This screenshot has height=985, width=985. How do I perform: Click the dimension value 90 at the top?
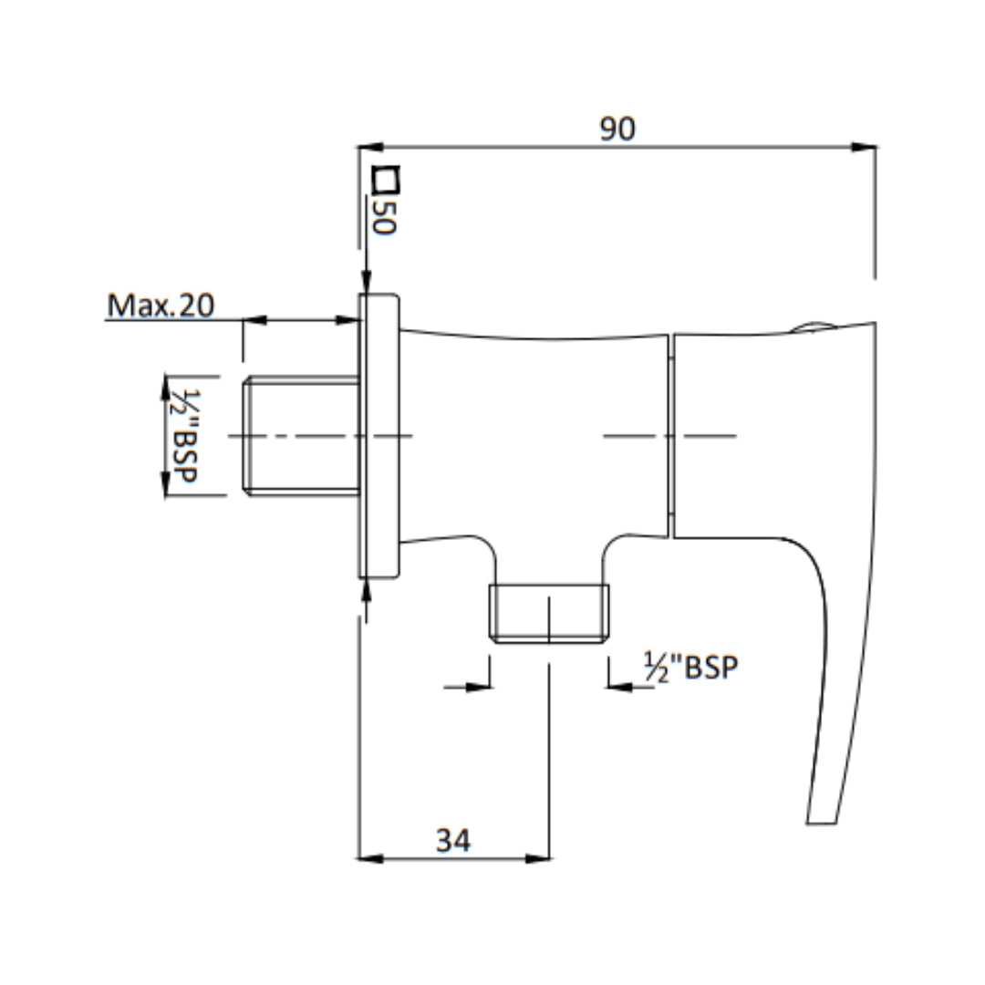click(617, 130)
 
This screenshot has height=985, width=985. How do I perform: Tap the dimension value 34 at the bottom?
click(453, 840)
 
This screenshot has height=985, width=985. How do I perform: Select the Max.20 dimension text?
click(161, 306)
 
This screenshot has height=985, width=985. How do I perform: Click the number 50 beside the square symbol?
click(385, 216)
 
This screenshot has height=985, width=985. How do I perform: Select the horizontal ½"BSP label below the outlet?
click(690, 668)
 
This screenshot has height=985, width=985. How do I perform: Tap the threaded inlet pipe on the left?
click(302, 437)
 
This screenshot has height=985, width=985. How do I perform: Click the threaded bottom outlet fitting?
click(549, 613)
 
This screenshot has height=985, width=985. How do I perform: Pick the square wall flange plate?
click(379, 436)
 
